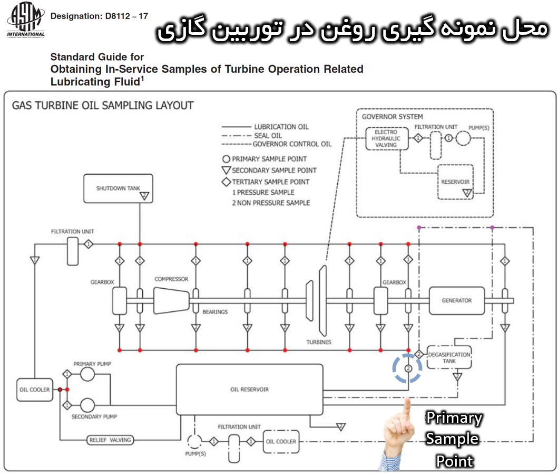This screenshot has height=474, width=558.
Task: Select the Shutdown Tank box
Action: pyautogui.click(x=118, y=188)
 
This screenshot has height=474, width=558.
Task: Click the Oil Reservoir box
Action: pyautogui.click(x=249, y=389)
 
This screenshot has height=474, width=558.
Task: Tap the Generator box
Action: pyautogui.click(x=456, y=300)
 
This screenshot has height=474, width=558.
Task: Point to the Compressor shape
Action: pyautogui.click(x=171, y=300)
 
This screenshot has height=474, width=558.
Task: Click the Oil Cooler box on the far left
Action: pyautogui.click(x=35, y=390)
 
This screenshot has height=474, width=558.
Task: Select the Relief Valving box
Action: pyautogui.click(x=110, y=440)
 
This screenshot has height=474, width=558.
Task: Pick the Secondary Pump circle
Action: pyautogui.click(x=87, y=405)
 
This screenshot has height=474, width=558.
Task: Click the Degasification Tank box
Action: pyautogui.click(x=449, y=357)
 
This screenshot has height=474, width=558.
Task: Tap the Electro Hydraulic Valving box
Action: pyautogui.click(x=386, y=138)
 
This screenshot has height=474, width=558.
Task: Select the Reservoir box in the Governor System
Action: pyautogui.click(x=455, y=182)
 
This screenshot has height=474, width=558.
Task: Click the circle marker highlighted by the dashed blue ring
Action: pyautogui.click(x=407, y=368)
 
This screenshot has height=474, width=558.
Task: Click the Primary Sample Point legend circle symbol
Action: pyautogui.click(x=226, y=159)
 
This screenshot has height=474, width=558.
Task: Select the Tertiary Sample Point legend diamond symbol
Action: pyautogui.click(x=226, y=182)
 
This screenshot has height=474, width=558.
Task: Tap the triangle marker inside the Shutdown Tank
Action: pyautogui.click(x=144, y=196)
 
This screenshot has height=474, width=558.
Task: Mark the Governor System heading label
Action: pyautogui.click(x=392, y=117)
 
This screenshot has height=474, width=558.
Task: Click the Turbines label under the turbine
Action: pyautogui.click(x=319, y=342)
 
